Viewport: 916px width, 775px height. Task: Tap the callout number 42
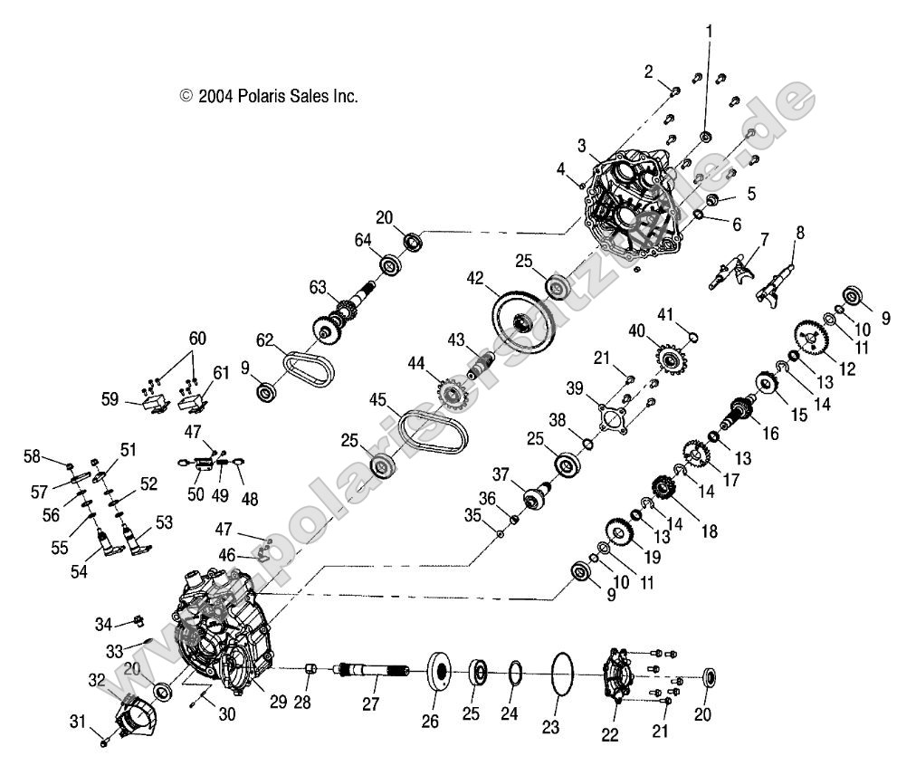coord(476,278)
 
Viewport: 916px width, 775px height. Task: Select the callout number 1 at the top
coord(710,31)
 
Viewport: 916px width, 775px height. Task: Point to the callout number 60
coord(197,340)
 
